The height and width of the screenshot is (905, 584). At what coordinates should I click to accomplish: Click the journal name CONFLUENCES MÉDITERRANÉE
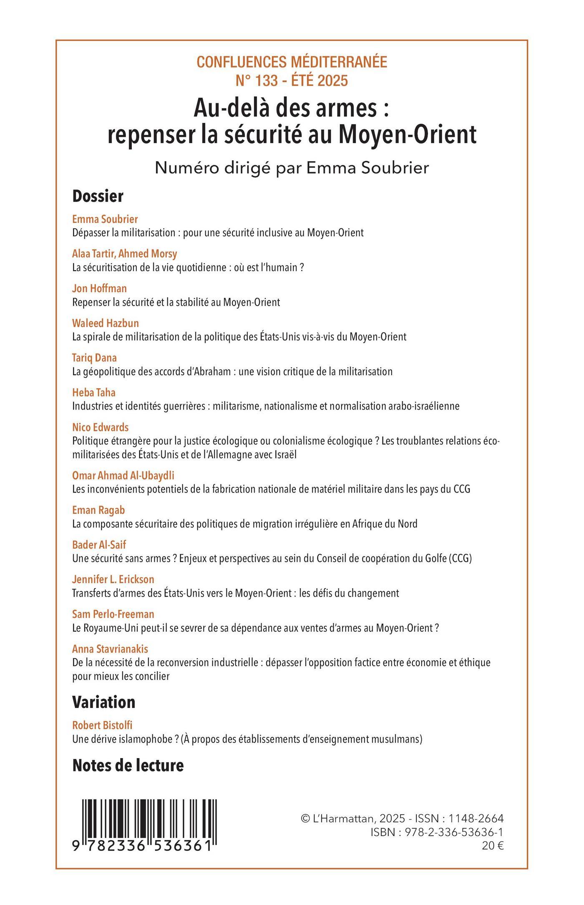click(292, 62)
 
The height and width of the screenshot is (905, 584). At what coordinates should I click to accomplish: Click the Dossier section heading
click(98, 196)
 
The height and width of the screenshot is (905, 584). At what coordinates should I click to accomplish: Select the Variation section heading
click(103, 702)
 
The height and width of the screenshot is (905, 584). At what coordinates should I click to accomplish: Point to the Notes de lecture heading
click(128, 765)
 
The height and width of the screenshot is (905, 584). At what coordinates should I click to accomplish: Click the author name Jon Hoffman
click(99, 288)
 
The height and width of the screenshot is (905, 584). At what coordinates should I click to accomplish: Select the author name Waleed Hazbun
click(106, 323)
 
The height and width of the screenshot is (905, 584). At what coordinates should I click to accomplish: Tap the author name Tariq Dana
click(94, 358)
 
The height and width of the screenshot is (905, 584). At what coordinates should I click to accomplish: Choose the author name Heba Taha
click(94, 392)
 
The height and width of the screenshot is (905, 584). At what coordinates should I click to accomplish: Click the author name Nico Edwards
click(100, 427)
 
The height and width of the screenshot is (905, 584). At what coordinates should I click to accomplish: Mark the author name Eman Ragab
click(98, 510)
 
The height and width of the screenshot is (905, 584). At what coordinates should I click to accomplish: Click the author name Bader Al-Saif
click(99, 545)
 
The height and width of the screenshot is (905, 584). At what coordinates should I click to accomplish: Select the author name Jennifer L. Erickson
click(113, 579)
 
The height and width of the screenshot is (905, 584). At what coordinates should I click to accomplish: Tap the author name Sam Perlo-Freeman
click(113, 614)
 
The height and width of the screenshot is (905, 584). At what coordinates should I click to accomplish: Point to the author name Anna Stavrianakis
click(110, 649)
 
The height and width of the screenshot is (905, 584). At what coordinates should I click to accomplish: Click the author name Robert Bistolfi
click(102, 725)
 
